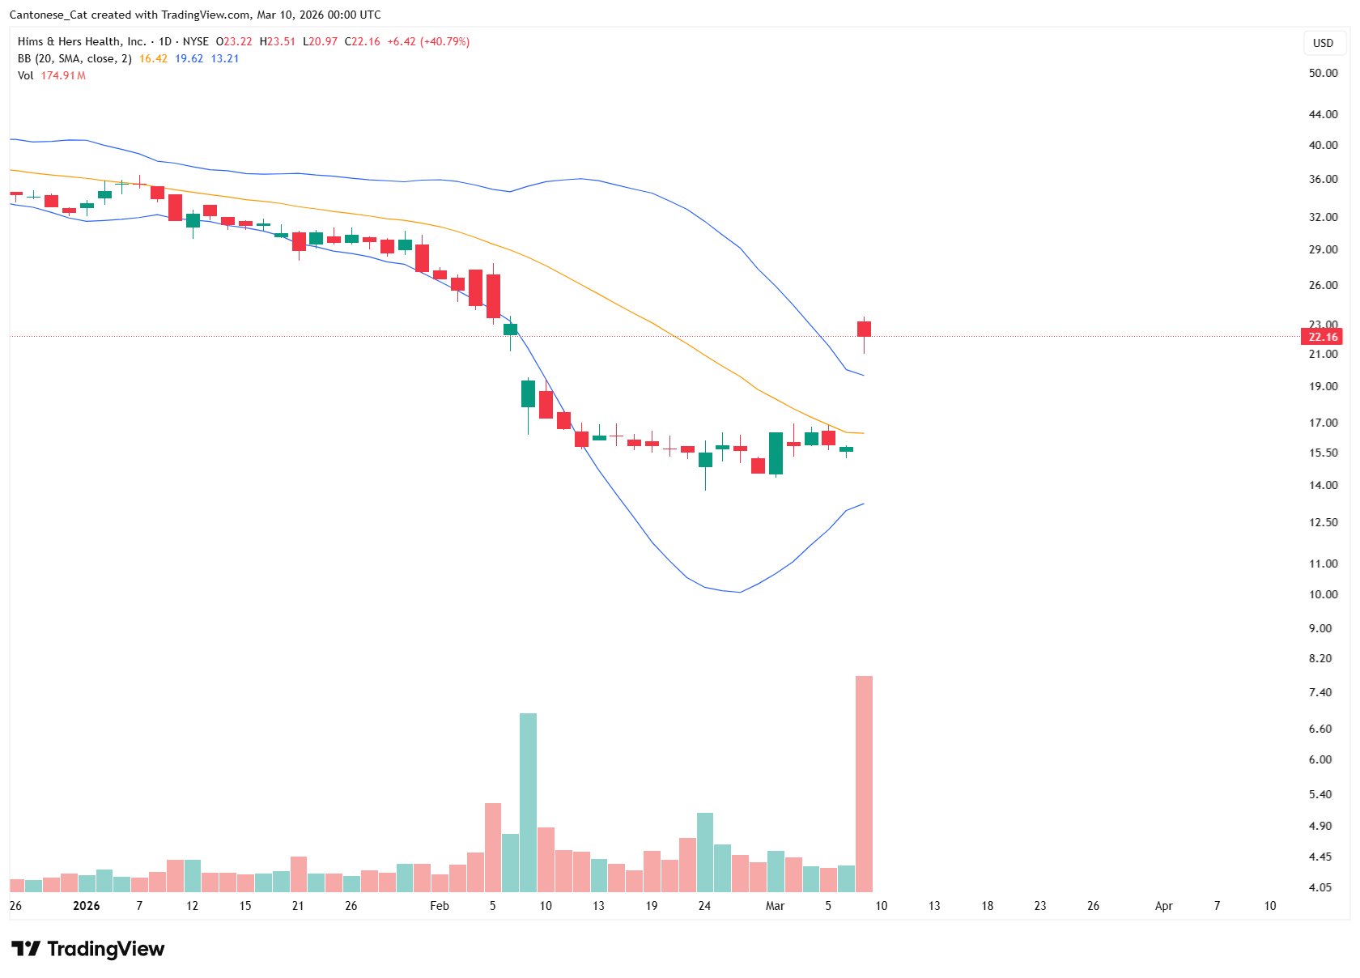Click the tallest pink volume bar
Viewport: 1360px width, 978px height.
(x=864, y=784)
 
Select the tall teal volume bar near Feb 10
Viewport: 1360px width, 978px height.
(x=528, y=802)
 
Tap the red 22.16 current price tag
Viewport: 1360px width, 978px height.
(x=1323, y=337)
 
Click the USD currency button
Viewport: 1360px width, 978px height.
(x=1323, y=43)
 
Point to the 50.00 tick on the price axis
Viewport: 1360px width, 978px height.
(x=1323, y=73)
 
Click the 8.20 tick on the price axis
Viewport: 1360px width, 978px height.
(x=1320, y=658)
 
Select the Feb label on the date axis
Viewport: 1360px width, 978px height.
(x=439, y=906)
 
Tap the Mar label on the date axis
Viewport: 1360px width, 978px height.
(x=775, y=906)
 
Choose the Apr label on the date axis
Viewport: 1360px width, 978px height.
(x=1163, y=906)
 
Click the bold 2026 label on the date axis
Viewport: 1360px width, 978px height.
(x=87, y=906)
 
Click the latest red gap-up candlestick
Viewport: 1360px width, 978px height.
(x=864, y=329)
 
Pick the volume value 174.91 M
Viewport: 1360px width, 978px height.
(x=63, y=75)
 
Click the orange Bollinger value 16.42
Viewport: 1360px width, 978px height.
(x=153, y=58)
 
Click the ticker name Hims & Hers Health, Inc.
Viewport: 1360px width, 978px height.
(x=82, y=41)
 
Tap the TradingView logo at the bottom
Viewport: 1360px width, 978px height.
(x=87, y=949)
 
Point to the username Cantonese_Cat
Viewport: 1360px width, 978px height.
(x=48, y=15)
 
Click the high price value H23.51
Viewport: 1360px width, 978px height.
(x=277, y=41)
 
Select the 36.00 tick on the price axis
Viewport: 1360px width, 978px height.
(x=1323, y=179)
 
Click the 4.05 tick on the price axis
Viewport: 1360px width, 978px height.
(x=1320, y=887)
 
